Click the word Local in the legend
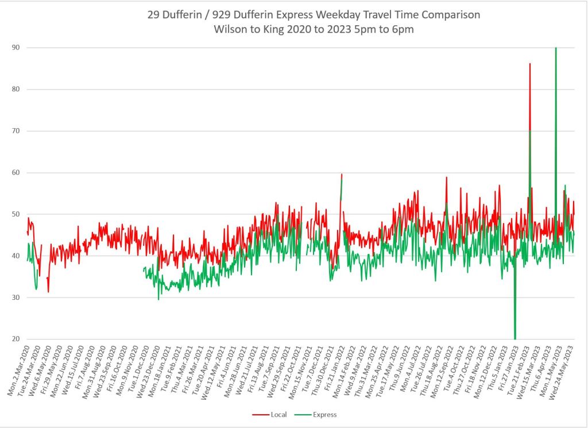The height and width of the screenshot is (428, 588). tap(275, 414)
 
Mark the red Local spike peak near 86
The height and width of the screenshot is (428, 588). tap(530, 64)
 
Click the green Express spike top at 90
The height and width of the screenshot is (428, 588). tap(556, 48)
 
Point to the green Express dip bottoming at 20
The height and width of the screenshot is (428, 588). tap(515, 338)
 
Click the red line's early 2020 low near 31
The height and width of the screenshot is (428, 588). tap(48, 292)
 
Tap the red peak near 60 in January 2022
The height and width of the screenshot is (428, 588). tap(342, 174)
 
